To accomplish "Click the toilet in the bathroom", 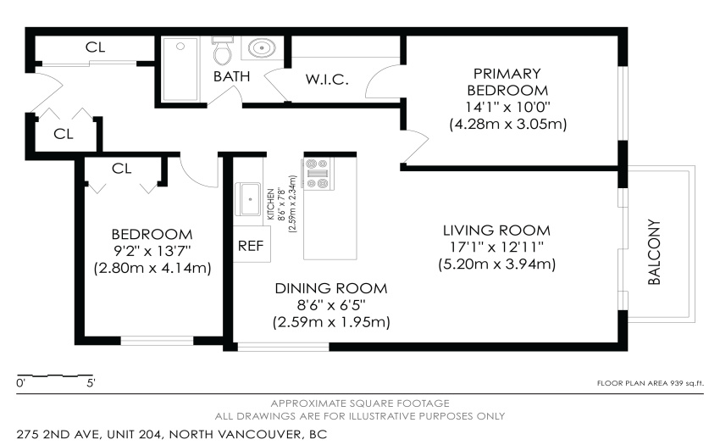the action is [223, 51].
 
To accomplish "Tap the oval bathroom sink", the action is [262, 47].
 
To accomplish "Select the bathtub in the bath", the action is [180, 70].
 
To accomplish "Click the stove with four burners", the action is [318, 173].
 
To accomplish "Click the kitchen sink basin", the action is [248, 199].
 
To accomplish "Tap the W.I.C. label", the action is [327, 80].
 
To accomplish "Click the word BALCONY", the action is [654, 252].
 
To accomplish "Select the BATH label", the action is [231, 76].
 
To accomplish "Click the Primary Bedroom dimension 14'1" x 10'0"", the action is [507, 107].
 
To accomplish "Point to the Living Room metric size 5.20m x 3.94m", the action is [497, 264].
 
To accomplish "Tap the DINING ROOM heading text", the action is [331, 288].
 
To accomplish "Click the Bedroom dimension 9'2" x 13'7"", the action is [152, 251].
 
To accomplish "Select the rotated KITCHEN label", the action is [270, 204].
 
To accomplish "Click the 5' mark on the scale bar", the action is [91, 383].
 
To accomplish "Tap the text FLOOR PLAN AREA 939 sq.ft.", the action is [651, 383].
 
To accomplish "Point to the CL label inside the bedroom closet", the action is [122, 169].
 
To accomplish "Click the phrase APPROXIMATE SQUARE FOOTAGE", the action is [360, 403].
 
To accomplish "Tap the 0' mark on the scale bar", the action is [20, 383].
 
